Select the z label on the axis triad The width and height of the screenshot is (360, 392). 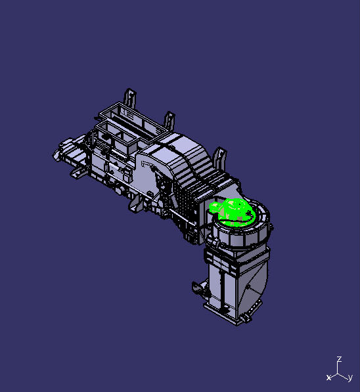[x=339, y=359]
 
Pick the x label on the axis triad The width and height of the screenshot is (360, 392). [x=328, y=377]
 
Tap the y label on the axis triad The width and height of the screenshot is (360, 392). [x=351, y=378]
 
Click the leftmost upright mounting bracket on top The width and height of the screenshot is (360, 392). [x=130, y=98]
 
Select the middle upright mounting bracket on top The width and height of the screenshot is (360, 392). [x=169, y=121]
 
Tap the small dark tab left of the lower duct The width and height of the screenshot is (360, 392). [x=196, y=288]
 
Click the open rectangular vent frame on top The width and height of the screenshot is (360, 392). [x=131, y=121]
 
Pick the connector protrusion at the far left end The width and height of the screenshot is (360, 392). [x=66, y=152]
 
